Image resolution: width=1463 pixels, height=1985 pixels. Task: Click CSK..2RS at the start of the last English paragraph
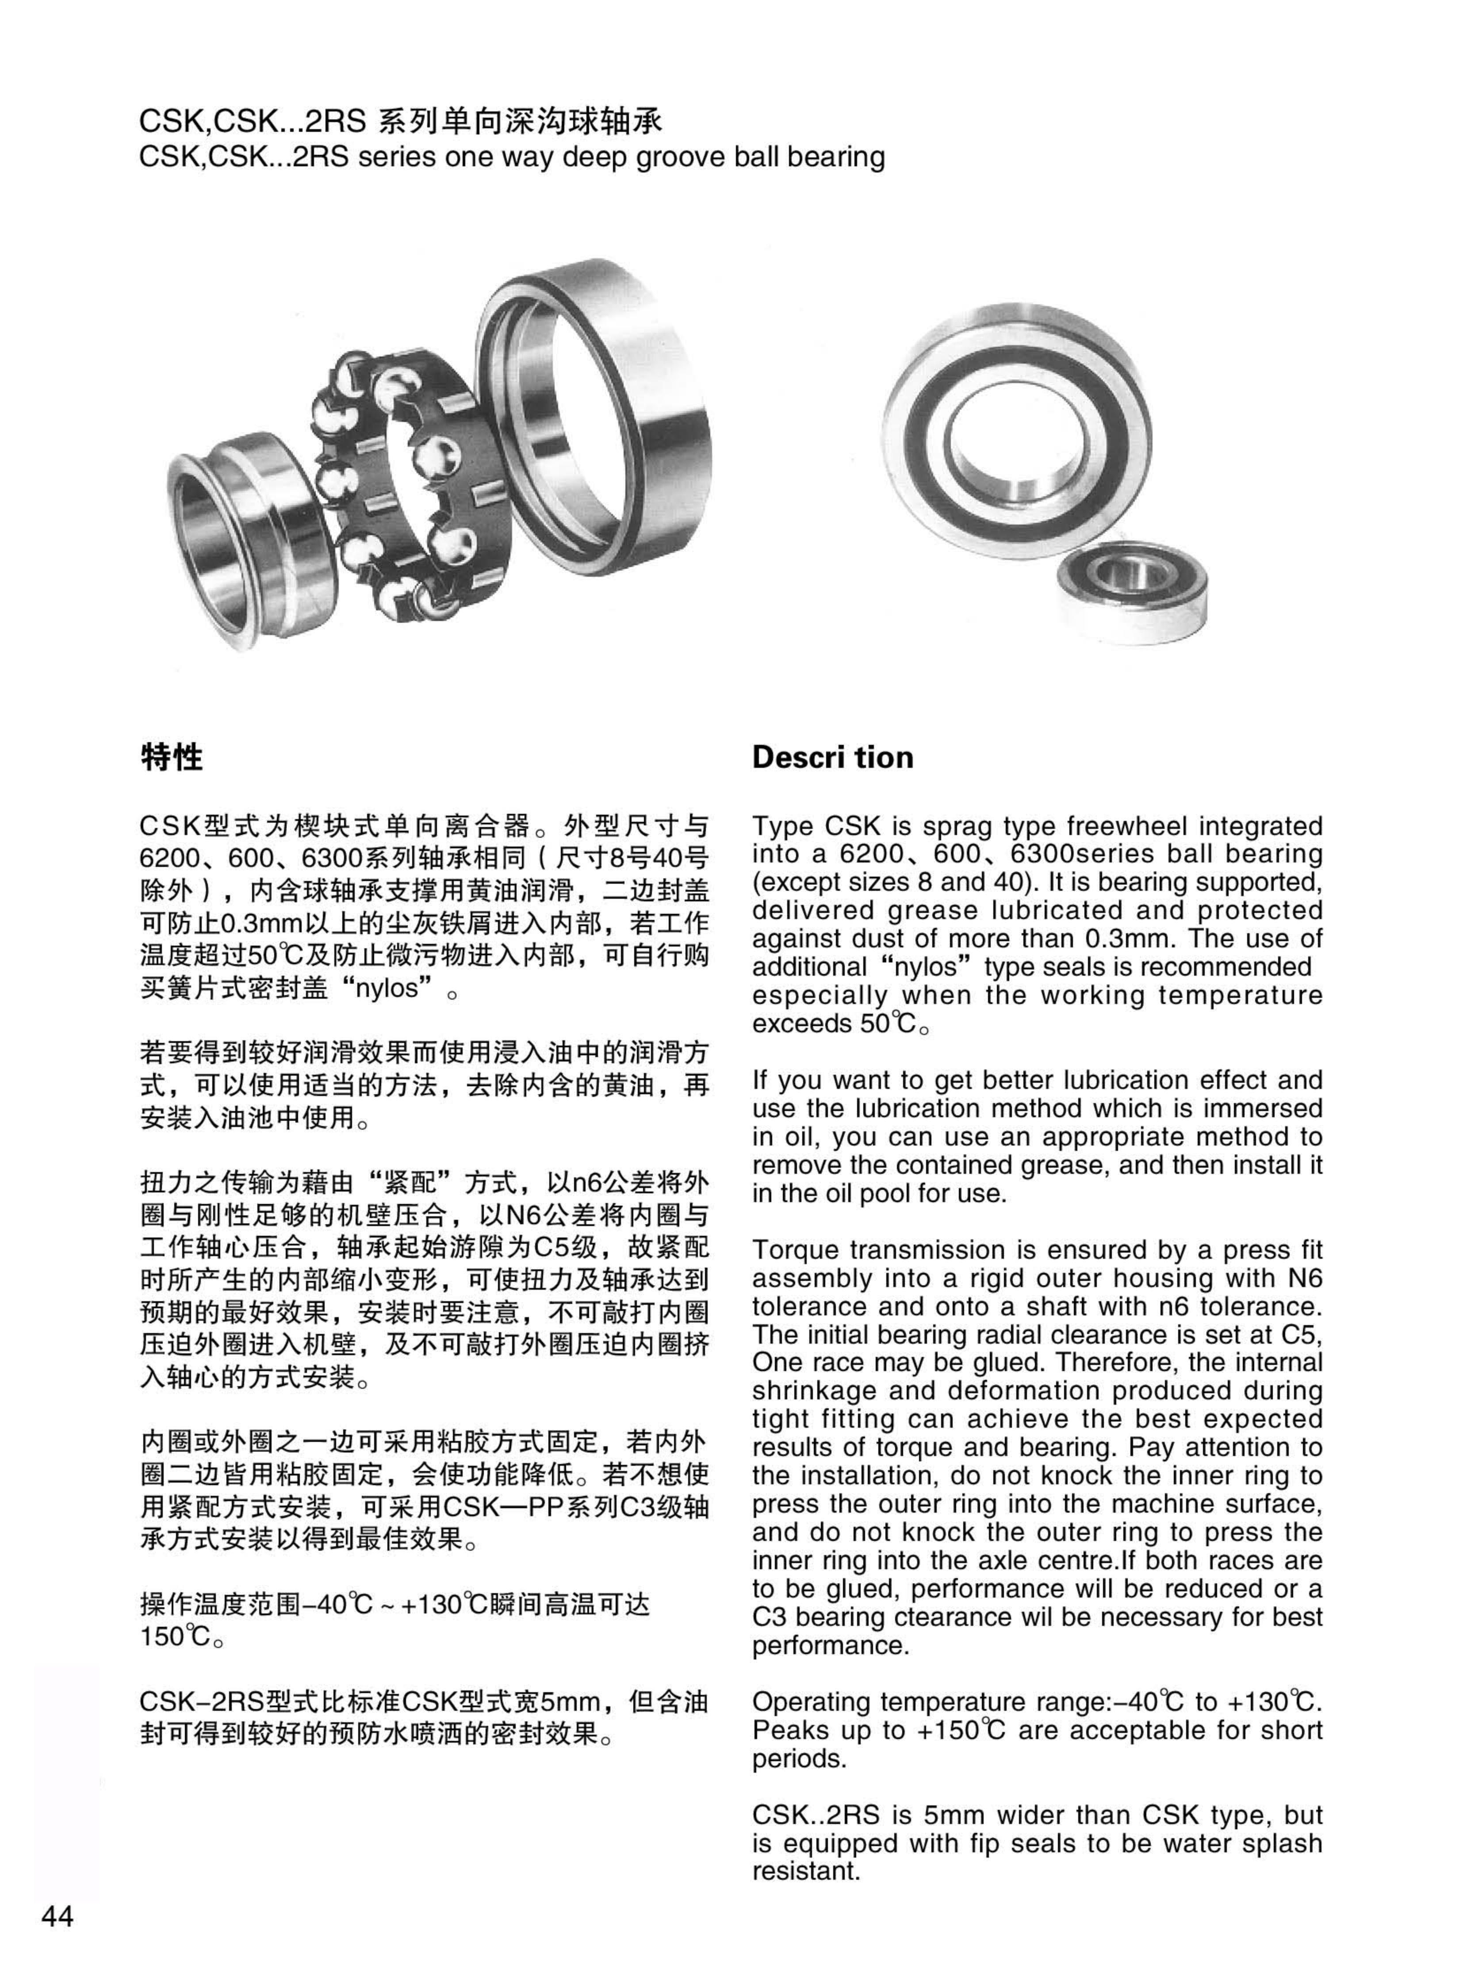point(816,1815)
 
